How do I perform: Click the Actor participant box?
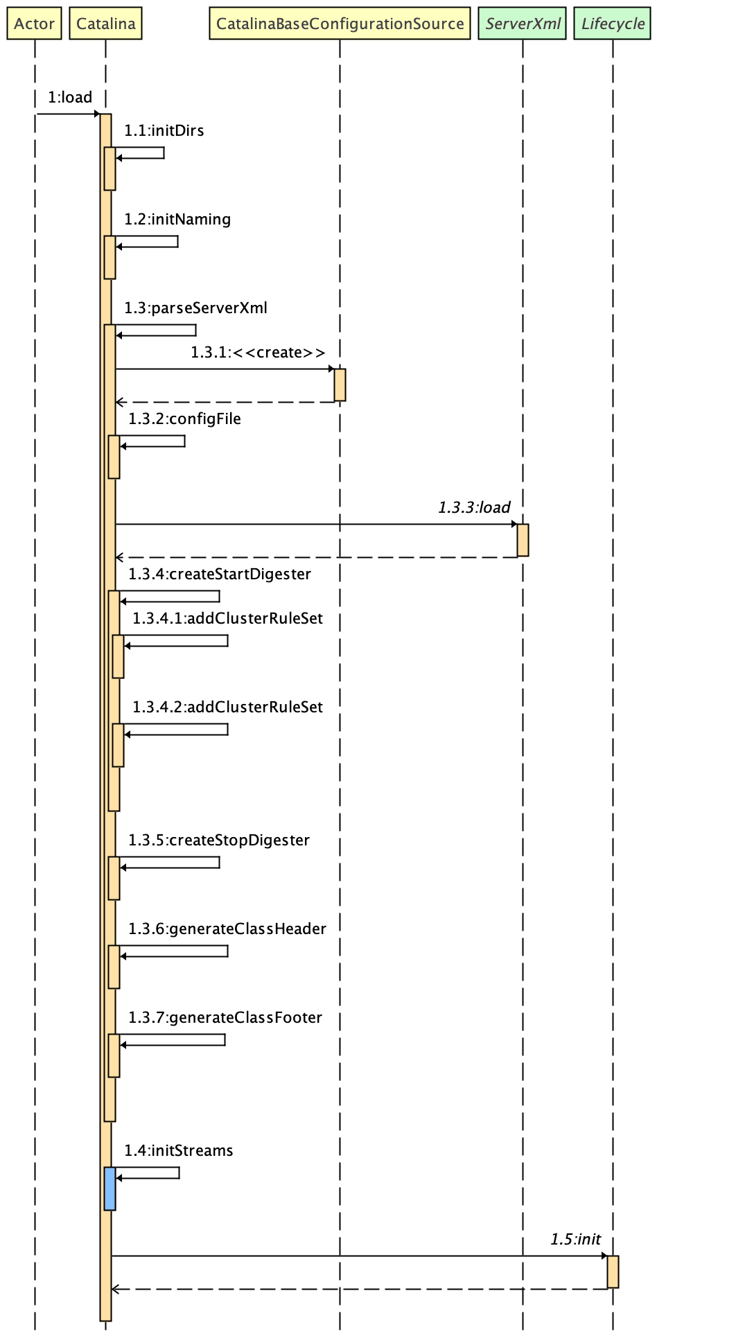coord(34,24)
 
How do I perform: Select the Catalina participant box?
coord(105,24)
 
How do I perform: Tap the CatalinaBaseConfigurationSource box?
coord(340,24)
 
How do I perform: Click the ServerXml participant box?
coord(523,24)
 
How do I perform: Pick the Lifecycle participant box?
coord(613,24)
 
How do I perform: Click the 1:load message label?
coord(69,98)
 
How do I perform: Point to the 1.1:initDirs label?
coord(164,131)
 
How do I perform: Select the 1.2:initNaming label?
coord(177,220)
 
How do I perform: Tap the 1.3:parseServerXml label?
coord(195,308)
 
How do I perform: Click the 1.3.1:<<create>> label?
coord(258,353)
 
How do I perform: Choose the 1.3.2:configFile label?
coord(184,419)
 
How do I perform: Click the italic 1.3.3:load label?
coord(474,508)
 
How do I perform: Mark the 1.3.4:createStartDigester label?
coord(219,574)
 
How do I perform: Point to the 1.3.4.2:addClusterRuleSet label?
coord(227,707)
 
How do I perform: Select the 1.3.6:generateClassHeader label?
coord(227,929)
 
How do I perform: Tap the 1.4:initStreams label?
coord(179,1151)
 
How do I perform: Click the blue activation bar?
coord(109,1188)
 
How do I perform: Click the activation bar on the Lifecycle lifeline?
coord(613,1272)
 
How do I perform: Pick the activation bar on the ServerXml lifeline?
coord(523,540)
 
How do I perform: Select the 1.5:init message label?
coord(575,1240)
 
